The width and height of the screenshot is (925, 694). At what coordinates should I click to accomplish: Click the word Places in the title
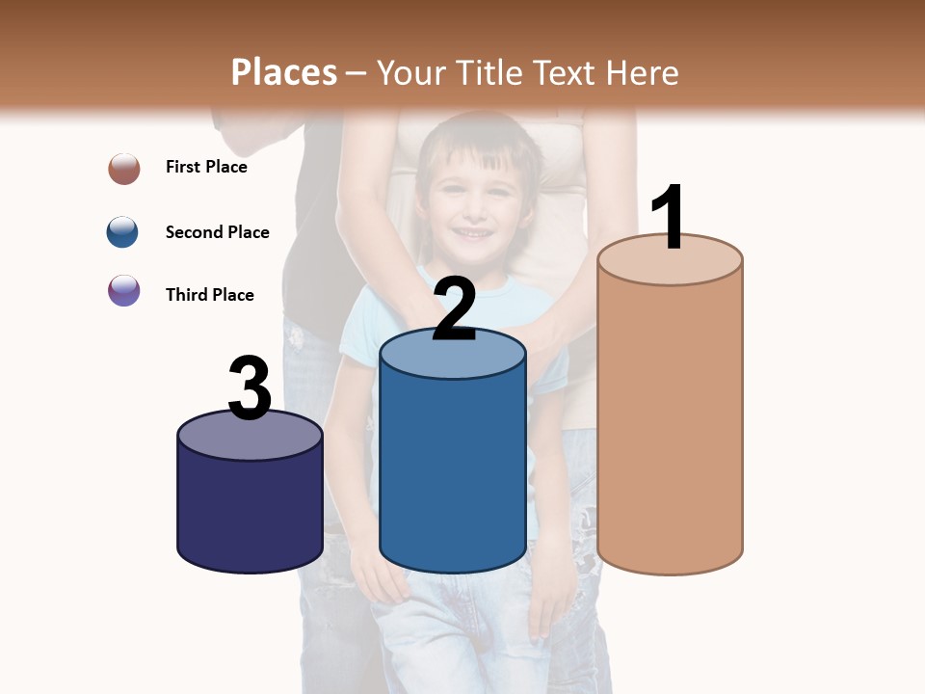(284, 72)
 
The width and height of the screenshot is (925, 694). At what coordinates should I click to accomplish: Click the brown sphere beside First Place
(124, 169)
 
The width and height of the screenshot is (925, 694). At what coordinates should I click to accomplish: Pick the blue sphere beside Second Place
(123, 232)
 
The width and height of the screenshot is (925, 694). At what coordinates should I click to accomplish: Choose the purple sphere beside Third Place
(124, 291)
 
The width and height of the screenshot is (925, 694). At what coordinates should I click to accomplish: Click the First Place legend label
(206, 167)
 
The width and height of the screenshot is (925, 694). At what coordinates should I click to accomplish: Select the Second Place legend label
(217, 232)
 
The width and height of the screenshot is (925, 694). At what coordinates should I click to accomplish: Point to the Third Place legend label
(209, 295)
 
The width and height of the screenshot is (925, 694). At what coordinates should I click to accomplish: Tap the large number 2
(455, 308)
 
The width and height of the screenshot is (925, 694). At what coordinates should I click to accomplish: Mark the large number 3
(251, 387)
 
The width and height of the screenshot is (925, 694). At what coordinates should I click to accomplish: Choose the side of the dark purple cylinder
(251, 511)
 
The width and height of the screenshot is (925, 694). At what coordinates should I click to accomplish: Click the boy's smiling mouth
(473, 233)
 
